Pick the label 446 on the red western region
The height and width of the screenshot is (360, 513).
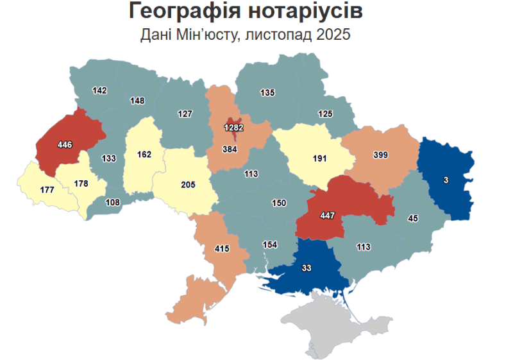(65, 145)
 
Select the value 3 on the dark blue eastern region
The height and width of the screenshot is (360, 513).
(446, 180)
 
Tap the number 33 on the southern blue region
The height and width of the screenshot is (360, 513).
(306, 268)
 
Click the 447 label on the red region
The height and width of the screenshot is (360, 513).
(328, 215)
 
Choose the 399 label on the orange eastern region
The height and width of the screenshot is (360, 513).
(381, 155)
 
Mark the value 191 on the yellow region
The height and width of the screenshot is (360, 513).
(319, 158)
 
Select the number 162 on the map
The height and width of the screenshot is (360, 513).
(144, 155)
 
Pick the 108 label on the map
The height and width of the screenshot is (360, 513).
(112, 202)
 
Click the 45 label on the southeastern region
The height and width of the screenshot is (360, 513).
(413, 219)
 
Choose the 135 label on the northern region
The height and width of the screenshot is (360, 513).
(267, 93)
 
